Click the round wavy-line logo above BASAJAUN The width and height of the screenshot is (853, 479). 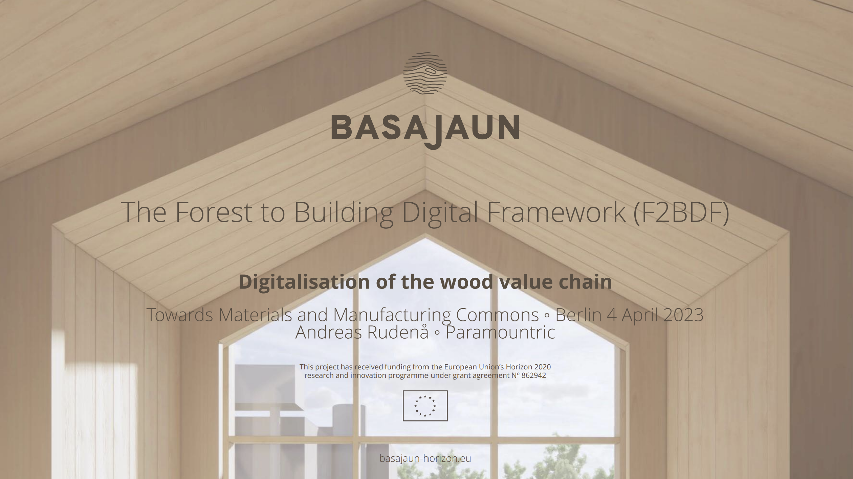(x=425, y=73)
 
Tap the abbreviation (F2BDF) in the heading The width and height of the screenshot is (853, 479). (x=681, y=212)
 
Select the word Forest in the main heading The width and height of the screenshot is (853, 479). (x=214, y=212)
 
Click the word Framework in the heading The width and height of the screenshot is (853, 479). (x=556, y=212)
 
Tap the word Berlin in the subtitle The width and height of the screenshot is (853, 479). (x=578, y=315)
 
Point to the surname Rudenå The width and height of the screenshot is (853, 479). (x=398, y=332)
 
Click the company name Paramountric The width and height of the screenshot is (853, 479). (x=500, y=332)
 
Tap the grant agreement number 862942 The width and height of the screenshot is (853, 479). (x=533, y=375)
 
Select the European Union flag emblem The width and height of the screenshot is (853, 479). (x=425, y=406)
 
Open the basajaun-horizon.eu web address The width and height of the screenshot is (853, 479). (x=425, y=458)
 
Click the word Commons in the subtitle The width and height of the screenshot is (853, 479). (x=497, y=315)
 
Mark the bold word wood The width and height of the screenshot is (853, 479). (x=466, y=282)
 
